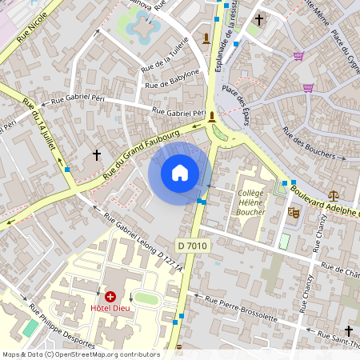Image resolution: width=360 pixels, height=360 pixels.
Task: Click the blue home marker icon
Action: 180,173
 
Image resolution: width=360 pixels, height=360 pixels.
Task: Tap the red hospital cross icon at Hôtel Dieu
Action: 110,297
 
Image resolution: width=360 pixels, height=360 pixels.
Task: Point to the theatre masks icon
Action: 294,213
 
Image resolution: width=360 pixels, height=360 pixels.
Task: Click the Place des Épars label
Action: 238,100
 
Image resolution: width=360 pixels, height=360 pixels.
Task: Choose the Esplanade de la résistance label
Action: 226,39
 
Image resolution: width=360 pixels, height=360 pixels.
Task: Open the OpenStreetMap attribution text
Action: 81,354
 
